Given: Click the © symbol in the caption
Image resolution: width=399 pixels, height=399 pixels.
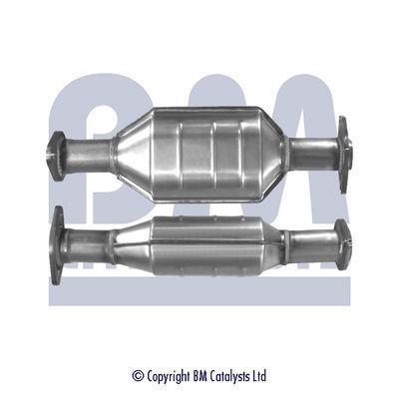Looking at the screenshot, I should pos(138,376).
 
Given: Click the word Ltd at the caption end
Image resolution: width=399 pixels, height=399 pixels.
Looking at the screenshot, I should pos(259,376).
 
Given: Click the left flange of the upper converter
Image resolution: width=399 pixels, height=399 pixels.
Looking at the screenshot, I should pos(57,155).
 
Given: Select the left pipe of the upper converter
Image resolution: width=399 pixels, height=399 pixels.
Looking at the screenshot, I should pos(88,155).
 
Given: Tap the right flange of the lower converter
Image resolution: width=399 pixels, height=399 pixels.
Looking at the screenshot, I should pos(344,242).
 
